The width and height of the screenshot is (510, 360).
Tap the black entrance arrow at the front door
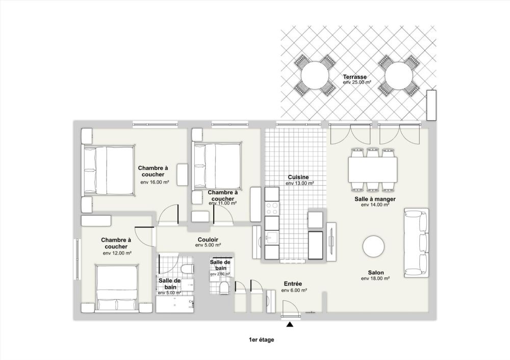pyautogui.click(x=290, y=324)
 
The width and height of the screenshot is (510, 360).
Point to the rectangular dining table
pyautogui.click(x=373, y=170)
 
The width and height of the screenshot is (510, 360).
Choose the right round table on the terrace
pyautogui.click(x=399, y=76)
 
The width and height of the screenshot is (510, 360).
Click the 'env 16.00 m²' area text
pyautogui.click(x=155, y=182)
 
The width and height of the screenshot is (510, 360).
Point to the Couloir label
pyautogui.click(x=208, y=239)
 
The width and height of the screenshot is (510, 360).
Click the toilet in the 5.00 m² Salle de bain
pyautogui.click(x=187, y=269)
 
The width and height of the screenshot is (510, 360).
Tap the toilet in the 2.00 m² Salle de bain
pyautogui.click(x=223, y=289)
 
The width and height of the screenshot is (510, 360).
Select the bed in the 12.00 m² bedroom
pyautogui.click(x=118, y=288)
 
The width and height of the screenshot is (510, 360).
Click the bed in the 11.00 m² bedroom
pyautogui.click(x=216, y=167)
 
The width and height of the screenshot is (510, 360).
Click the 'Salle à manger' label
pyautogui.click(x=375, y=199)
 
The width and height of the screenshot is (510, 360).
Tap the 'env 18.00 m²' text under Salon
pyautogui.click(x=375, y=279)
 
